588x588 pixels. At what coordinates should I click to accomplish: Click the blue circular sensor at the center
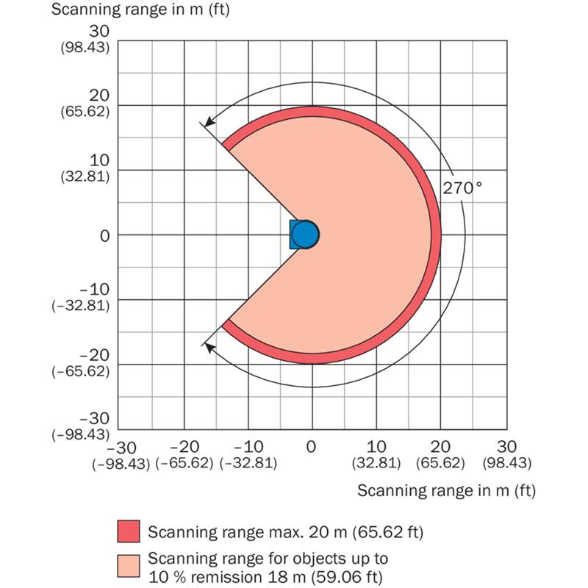click(305, 234)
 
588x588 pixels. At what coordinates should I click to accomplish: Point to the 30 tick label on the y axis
click(99, 32)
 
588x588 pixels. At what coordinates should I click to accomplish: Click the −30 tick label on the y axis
click(94, 419)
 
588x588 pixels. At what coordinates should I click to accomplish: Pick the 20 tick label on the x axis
click(441, 447)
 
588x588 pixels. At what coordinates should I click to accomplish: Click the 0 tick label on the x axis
click(312, 447)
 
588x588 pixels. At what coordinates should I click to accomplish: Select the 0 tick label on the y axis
click(104, 235)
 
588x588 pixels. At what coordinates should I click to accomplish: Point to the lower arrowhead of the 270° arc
click(209, 346)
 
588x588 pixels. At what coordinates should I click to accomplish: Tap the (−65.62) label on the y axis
click(81, 370)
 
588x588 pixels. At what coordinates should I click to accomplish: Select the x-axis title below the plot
click(446, 490)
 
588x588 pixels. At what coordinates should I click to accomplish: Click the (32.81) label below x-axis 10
click(376, 464)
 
